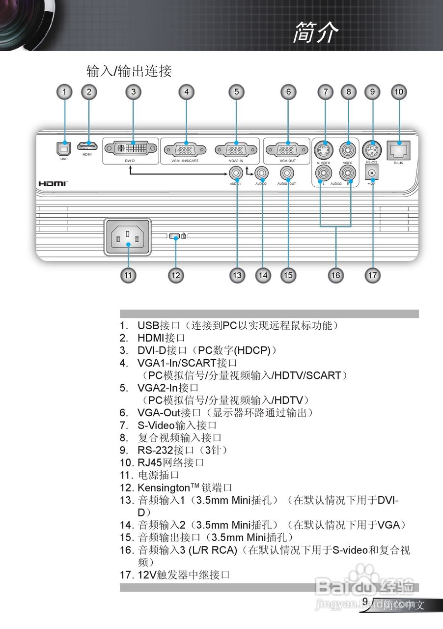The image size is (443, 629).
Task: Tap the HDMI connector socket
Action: click(87, 147)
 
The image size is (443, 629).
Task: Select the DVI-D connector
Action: click(130, 148)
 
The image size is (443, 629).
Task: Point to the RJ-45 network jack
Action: click(398, 148)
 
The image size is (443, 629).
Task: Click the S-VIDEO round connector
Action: click(324, 148)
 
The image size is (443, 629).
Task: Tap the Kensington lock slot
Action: click(174, 236)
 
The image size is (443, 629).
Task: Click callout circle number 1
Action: click(64, 91)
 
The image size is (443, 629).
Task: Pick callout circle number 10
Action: click(398, 91)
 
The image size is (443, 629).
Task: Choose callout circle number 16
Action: click(335, 275)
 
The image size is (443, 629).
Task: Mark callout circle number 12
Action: click(175, 275)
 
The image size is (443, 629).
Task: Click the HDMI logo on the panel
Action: click(53, 183)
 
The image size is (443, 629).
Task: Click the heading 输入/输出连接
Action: click(129, 71)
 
